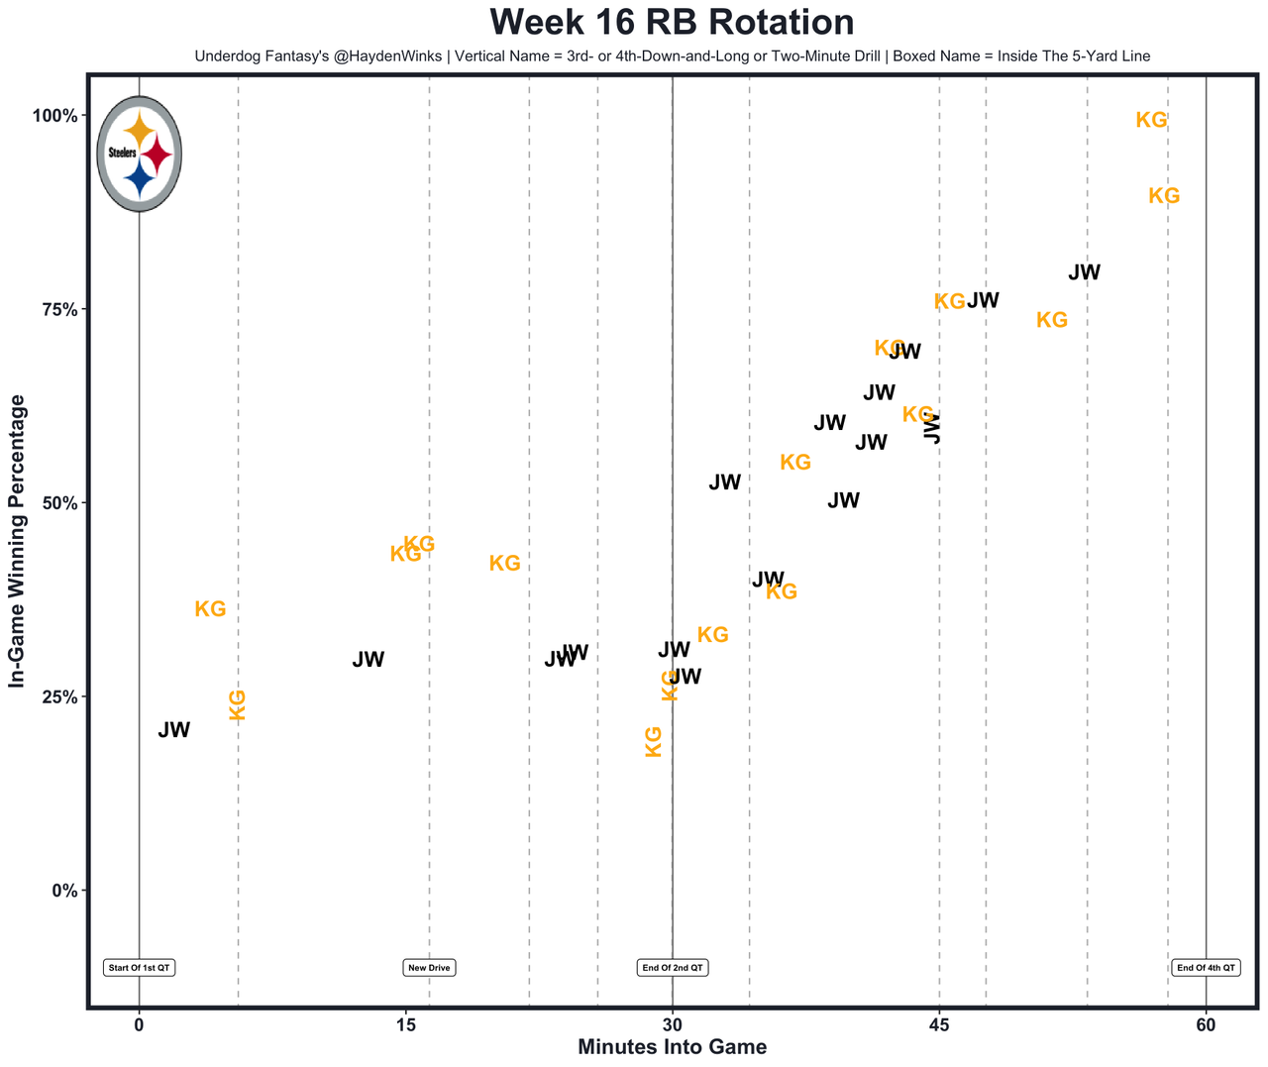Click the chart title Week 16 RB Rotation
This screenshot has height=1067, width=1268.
[672, 23]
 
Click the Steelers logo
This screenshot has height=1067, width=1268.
[140, 154]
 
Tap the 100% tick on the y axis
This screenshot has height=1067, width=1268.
[54, 116]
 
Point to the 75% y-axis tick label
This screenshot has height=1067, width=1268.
[58, 309]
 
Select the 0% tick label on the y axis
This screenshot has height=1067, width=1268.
[63, 891]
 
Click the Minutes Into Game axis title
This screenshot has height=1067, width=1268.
[672, 1047]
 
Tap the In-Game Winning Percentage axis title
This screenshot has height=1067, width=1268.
[17, 541]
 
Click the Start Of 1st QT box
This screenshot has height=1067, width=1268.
[140, 968]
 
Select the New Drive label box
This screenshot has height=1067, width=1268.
[429, 968]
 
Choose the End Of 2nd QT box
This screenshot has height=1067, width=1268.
[673, 968]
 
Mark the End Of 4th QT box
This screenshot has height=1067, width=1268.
[1206, 968]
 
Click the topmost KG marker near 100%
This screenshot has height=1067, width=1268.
[1151, 121]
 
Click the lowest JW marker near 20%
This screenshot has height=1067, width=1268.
[174, 731]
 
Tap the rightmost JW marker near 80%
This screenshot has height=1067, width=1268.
[1085, 272]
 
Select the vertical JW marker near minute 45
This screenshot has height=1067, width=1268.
[932, 428]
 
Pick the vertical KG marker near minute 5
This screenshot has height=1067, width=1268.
[238, 705]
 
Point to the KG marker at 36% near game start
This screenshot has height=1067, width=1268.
[210, 609]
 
